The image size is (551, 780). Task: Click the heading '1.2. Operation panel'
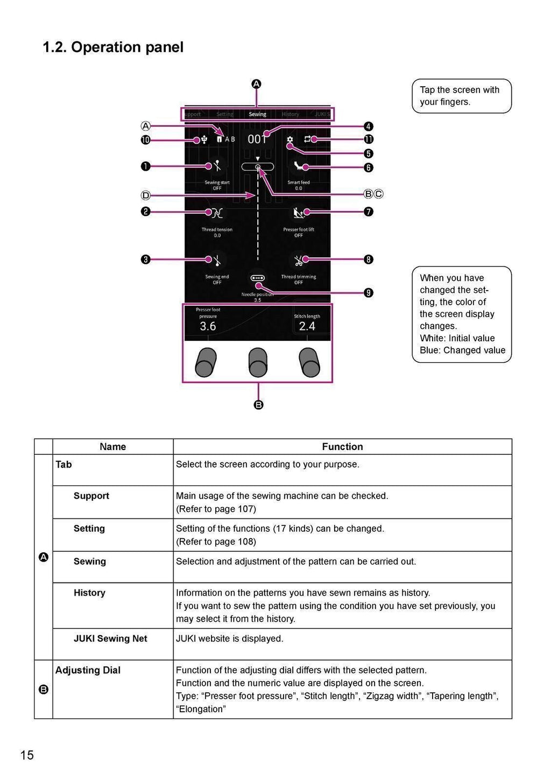113,47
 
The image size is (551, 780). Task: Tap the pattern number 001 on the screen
257,139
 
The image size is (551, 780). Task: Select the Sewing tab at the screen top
257,114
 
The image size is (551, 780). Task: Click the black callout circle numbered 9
369,293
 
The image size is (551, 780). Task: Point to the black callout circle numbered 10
145,140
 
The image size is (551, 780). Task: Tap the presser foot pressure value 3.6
208,326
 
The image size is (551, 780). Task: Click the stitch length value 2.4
307,326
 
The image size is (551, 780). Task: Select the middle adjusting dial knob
258,362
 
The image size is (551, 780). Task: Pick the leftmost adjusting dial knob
206,362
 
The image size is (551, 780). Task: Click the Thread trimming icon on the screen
298,261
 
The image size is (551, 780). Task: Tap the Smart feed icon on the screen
299,166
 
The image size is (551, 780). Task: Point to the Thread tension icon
217,214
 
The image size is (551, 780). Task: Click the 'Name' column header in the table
112,447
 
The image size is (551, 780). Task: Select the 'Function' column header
342,447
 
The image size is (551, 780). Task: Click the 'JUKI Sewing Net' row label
110,638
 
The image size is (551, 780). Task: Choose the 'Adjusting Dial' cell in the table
88,670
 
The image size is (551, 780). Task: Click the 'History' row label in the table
89,593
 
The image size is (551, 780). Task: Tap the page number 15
27,755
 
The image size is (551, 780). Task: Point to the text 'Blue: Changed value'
462,350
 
